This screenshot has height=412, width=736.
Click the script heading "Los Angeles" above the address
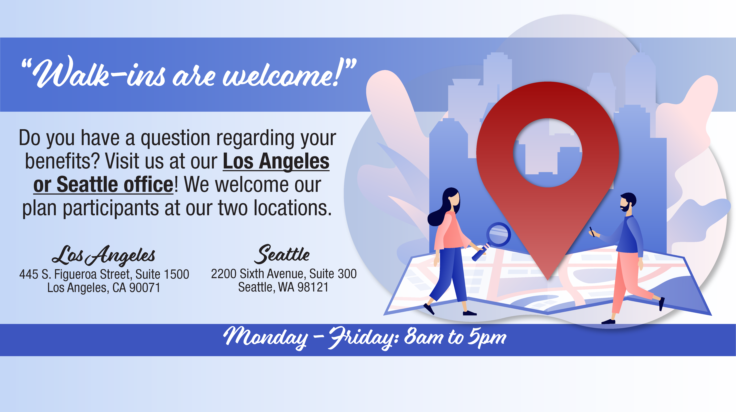pos(103,255)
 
